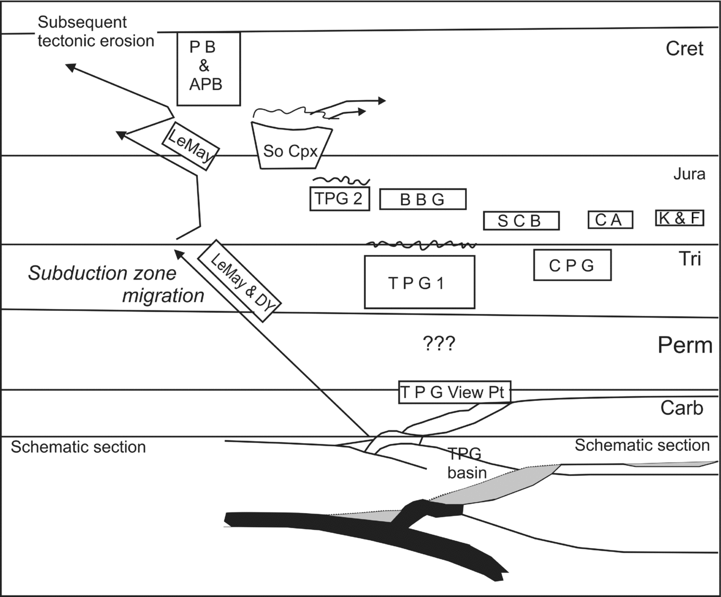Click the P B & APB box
(209, 68)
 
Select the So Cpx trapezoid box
(291, 147)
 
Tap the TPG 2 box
(339, 199)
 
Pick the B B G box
(423, 199)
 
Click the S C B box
(521, 220)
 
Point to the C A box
(610, 219)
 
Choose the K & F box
(680, 218)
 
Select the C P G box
(572, 265)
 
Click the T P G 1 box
(420, 282)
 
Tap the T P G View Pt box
(455, 392)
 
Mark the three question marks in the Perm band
(439, 343)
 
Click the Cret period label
(685, 49)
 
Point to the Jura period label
(689, 174)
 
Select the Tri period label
(690, 259)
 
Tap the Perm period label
(685, 345)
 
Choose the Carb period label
(681, 407)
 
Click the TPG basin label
(467, 464)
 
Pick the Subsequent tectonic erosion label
(95, 31)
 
